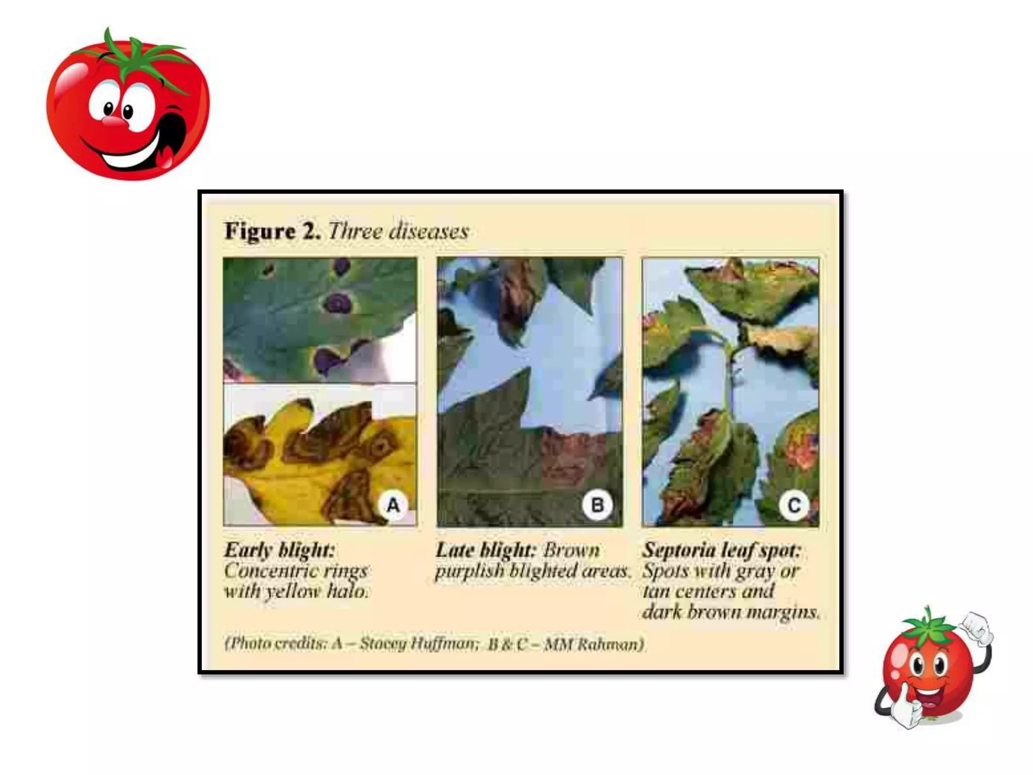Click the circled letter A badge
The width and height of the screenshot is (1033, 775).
393,505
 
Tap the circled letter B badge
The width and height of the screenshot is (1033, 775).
598,505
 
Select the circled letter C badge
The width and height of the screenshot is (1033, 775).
793,505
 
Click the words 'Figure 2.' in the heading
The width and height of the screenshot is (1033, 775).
272,231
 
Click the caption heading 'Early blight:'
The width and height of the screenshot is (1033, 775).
280,550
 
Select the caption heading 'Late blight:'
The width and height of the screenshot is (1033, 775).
484,549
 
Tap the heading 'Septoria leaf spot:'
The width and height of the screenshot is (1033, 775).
722,550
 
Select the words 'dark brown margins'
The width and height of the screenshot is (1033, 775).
731,612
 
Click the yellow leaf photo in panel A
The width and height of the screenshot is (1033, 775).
320,455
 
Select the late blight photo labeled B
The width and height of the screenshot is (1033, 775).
530,392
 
